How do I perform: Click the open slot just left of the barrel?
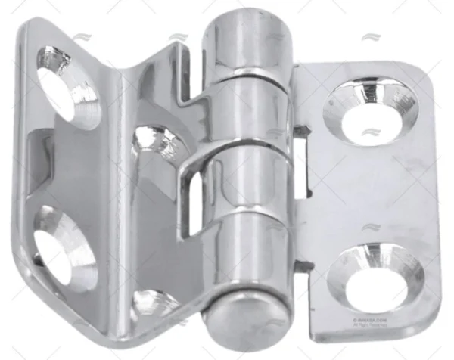click(193, 200)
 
